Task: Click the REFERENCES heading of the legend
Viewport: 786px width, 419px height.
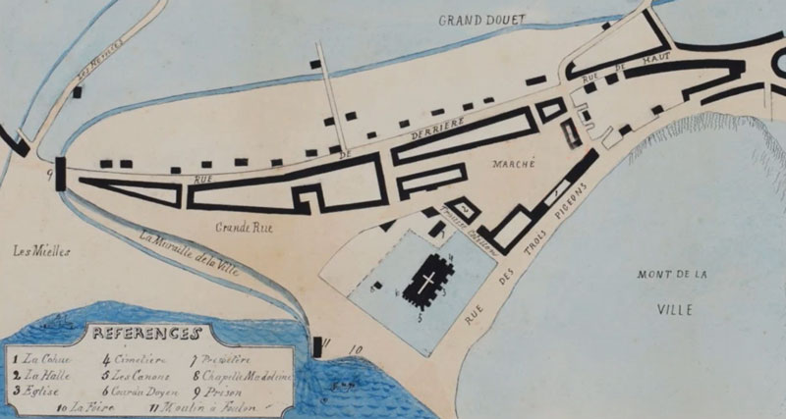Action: click(146, 334)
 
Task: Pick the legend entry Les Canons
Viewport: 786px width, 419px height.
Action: click(142, 374)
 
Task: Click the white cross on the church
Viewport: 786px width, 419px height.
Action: click(429, 283)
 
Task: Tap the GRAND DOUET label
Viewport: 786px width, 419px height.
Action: click(482, 20)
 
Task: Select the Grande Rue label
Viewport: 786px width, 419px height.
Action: click(242, 227)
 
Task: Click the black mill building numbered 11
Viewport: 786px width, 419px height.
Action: click(318, 345)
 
